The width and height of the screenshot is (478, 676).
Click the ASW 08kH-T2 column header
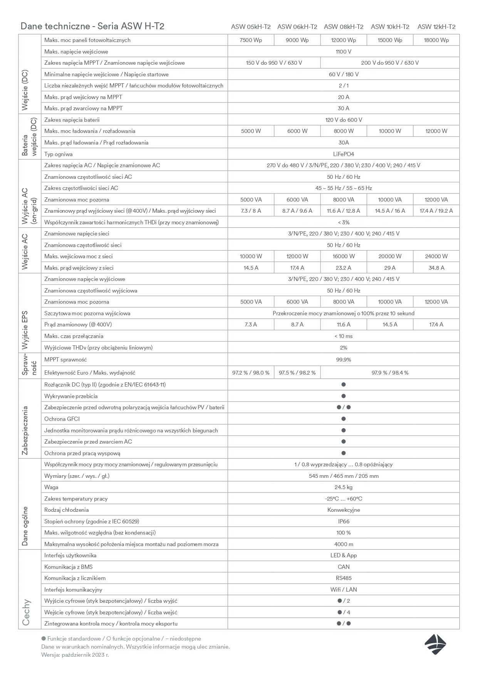(x=344, y=27)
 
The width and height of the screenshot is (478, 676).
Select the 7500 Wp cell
(x=251, y=40)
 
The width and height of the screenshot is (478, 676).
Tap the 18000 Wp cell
(x=436, y=40)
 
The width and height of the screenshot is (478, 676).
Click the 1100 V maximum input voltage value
(x=344, y=52)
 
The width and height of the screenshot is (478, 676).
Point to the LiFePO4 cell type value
(x=344, y=154)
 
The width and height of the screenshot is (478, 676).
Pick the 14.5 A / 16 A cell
(x=390, y=211)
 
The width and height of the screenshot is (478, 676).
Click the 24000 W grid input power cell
(x=436, y=256)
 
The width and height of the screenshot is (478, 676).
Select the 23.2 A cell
(x=344, y=268)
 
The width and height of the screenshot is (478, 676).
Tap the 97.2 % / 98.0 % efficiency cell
(x=251, y=373)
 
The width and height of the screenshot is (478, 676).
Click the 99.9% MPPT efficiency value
(x=344, y=360)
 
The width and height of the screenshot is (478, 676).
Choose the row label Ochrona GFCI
(x=62, y=419)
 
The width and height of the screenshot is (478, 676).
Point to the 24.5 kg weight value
(x=344, y=487)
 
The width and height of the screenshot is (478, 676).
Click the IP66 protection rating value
(x=344, y=521)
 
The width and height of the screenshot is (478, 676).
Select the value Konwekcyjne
(x=344, y=510)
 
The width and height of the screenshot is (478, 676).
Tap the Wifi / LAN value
(x=344, y=590)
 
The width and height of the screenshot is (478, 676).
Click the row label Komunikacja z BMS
(x=69, y=567)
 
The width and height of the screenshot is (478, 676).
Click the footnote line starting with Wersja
(x=75, y=655)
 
